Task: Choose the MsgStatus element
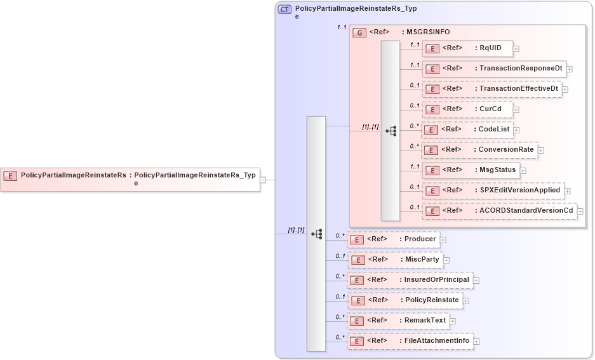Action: tap(471, 170)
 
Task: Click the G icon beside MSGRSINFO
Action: tap(359, 32)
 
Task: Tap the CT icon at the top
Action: tap(285, 10)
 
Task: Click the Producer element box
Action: tap(393, 239)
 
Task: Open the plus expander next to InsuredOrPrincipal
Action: tap(476, 280)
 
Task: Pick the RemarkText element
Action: tap(398, 321)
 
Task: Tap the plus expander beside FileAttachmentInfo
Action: tap(476, 341)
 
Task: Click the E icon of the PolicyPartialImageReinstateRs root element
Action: tap(10, 175)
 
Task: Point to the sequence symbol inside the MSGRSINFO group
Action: tap(391, 131)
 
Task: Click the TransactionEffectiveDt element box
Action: tap(491, 89)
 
